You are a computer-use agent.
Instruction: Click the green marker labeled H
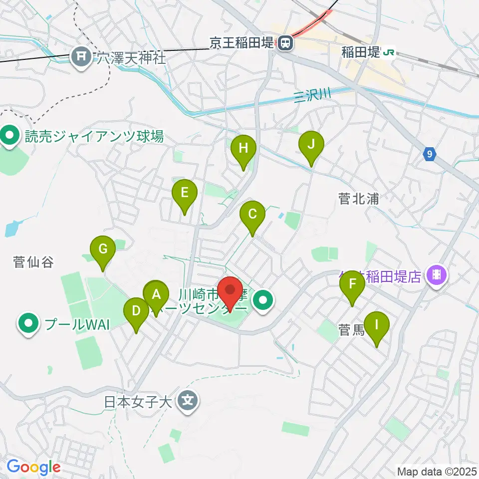243,148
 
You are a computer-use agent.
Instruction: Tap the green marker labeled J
311,145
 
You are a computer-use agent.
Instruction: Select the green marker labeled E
185,192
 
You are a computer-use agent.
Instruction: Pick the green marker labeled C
252,214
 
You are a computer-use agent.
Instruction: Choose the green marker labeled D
136,311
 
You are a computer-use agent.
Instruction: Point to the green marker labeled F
352,284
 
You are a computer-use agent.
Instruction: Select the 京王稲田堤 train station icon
285,44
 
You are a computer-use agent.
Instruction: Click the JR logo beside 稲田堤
389,51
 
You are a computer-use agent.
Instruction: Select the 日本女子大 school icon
188,401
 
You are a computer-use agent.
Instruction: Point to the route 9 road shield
429,155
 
